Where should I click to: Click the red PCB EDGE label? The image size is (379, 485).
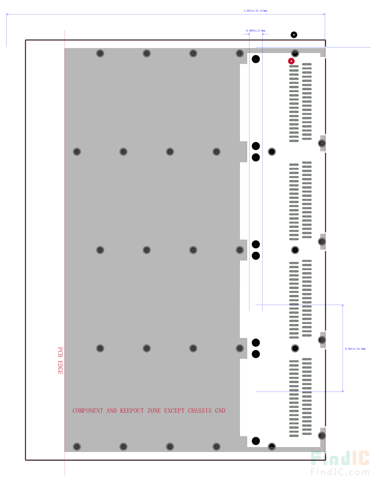(x=60, y=360)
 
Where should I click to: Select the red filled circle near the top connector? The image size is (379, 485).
(x=291, y=61)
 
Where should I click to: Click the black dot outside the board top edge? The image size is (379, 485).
(x=294, y=34)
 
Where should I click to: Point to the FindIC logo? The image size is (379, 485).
(x=340, y=459)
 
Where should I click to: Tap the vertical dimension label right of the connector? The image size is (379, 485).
(x=355, y=349)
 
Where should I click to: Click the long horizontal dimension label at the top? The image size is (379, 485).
(x=255, y=10)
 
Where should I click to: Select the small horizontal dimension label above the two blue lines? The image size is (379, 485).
(x=256, y=31)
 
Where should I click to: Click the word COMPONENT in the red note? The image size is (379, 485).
(x=88, y=411)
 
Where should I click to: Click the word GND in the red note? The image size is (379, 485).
(x=220, y=411)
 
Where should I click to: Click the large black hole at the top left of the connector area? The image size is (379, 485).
(x=256, y=60)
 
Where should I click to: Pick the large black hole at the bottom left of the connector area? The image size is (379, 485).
(x=256, y=441)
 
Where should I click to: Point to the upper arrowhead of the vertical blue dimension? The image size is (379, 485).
(x=343, y=307)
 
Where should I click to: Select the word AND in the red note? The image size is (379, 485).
(x=111, y=411)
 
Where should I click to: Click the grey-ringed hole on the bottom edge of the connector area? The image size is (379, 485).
(x=272, y=446)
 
